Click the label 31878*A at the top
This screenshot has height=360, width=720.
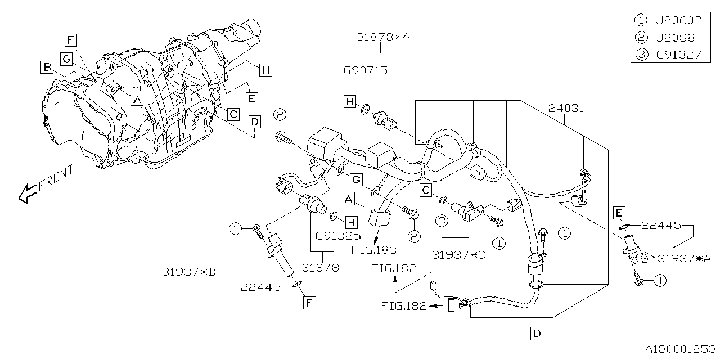(382, 38)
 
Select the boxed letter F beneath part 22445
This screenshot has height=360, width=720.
(309, 303)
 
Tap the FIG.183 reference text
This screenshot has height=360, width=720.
(373, 249)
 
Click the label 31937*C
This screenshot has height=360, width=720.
(459, 254)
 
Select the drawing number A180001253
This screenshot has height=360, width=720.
(678, 349)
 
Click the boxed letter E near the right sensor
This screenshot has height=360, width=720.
(619, 212)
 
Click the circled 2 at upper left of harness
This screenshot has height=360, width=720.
(281, 116)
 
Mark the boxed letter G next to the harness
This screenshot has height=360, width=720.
(356, 180)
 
